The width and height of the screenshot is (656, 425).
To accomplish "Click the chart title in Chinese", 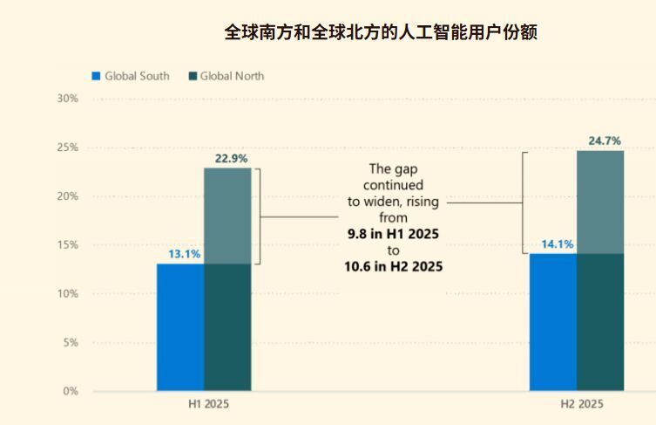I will tap(381, 33).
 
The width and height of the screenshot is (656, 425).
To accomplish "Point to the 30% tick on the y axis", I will tap(68, 99).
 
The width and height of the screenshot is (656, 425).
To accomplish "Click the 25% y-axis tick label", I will tap(68, 147).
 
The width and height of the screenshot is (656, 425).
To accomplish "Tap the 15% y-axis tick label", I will tap(68, 245).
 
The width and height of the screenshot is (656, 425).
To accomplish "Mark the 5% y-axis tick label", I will tap(71, 343).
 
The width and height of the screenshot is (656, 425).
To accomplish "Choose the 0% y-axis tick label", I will tap(71, 391).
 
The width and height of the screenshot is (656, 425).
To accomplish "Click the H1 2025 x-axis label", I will tap(209, 405).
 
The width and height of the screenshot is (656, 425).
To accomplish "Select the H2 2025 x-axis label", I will tap(581, 405).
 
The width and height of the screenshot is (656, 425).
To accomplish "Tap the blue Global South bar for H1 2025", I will tap(180, 327).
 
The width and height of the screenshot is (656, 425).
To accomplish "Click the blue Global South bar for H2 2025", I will tap(553, 323).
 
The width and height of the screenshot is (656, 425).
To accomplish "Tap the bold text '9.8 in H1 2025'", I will tap(393, 235).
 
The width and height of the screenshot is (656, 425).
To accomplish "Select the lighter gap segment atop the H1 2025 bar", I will tap(227, 216).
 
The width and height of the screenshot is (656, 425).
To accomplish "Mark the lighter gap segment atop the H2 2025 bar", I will tap(600, 202).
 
